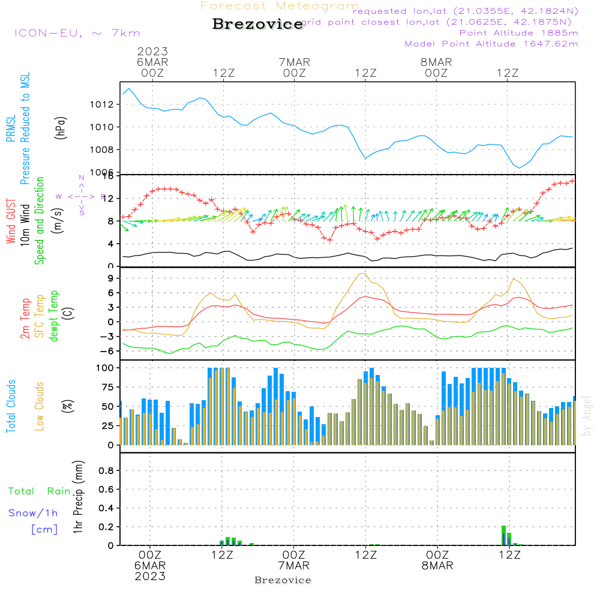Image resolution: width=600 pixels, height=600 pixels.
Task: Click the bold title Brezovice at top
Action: point(258,24)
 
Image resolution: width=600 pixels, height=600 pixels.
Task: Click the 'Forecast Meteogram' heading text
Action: point(280,7)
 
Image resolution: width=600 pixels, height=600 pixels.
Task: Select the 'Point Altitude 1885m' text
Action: point(518,32)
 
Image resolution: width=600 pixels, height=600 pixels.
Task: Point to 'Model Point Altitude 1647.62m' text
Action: point(491,43)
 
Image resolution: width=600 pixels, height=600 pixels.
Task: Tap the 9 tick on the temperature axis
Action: point(110,278)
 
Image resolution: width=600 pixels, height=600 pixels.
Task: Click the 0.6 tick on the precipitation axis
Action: point(106,490)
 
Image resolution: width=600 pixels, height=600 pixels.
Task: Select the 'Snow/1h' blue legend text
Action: point(33,513)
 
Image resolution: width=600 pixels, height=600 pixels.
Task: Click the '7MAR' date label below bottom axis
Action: point(294,566)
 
